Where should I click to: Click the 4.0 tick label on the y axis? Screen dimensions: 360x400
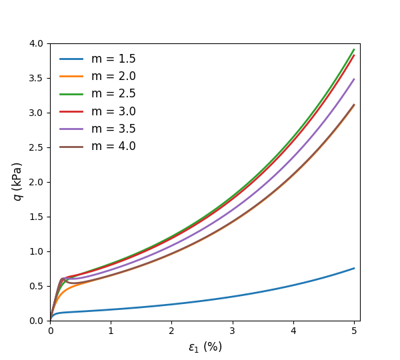pos(35,44)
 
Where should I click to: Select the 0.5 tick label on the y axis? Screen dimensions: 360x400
pos(35,286)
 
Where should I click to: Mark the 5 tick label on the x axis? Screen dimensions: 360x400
pos(353,331)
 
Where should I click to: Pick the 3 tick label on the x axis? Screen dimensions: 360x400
pos(232,331)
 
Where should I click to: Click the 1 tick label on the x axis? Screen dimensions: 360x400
pos(111,331)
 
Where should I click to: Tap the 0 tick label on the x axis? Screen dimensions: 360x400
pos(51,331)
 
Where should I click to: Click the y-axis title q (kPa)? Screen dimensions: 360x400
pos(17,181)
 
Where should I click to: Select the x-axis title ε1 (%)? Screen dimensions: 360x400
pos(205,347)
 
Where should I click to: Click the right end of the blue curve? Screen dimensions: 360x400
pos(353,268)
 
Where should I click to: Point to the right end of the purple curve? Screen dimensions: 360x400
pos(353,79)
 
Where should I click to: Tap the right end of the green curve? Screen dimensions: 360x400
pos(353,49)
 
